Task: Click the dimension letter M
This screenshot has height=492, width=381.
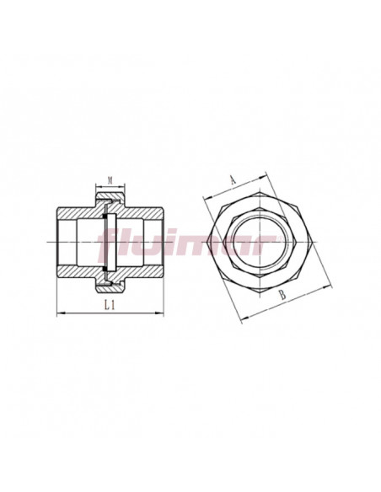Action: (110, 180)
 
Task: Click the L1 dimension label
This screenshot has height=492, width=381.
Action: (110, 305)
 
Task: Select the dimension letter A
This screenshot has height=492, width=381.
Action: (233, 179)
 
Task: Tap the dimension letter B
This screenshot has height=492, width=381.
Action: (282, 295)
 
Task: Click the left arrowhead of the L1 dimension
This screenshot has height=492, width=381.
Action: (60, 313)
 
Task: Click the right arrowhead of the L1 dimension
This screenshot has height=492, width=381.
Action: (160, 313)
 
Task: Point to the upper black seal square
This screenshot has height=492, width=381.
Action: (105, 217)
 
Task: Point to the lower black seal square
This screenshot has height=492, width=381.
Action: (105, 268)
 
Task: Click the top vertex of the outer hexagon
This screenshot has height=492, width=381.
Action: (260, 191)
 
